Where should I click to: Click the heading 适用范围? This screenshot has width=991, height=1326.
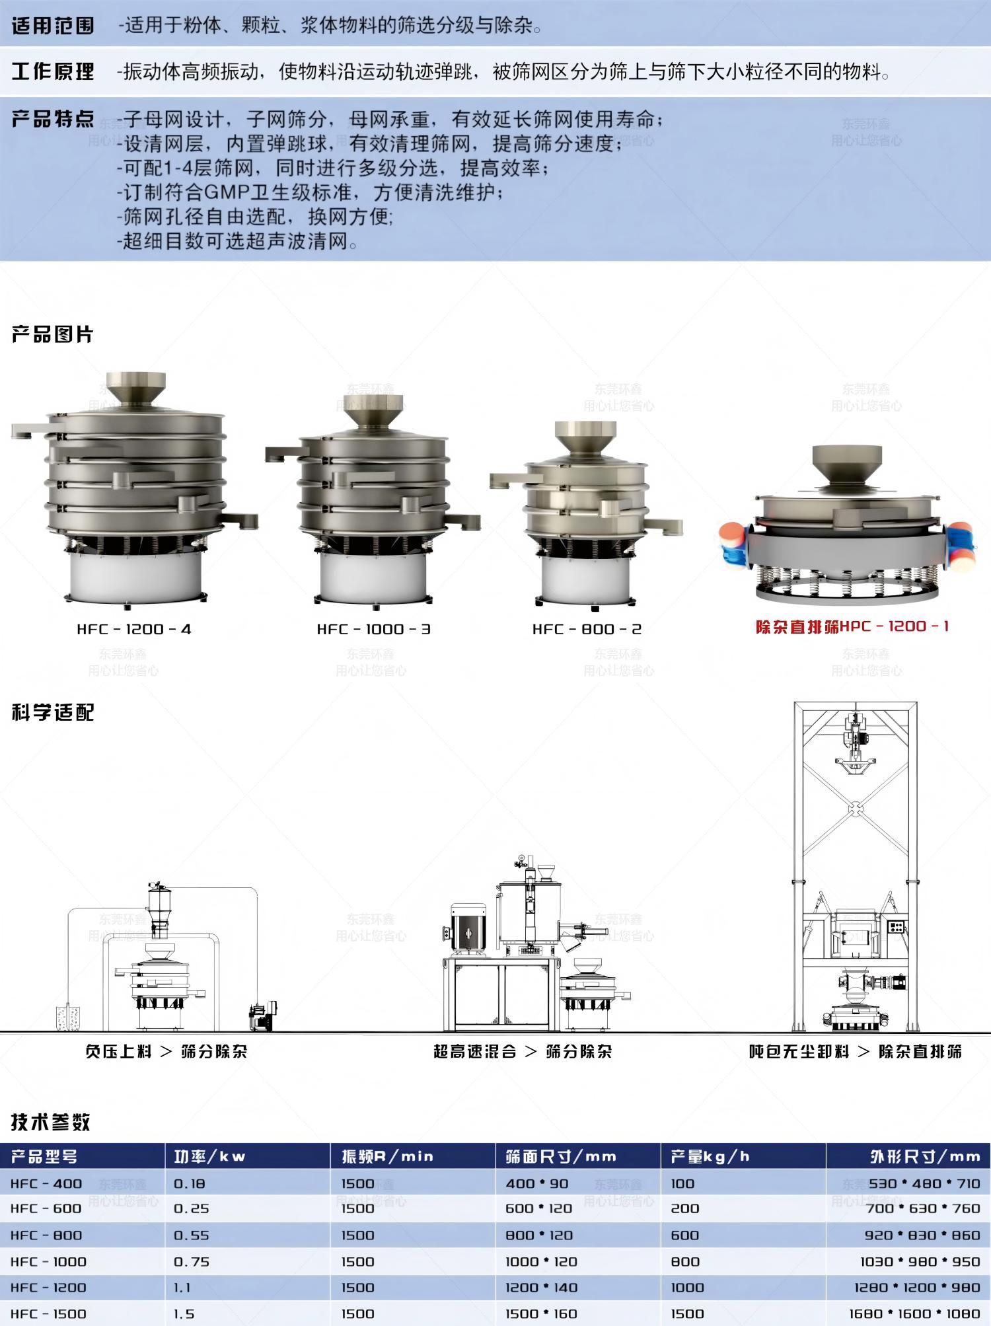(x=53, y=26)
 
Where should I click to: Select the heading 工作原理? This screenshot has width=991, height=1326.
(x=53, y=71)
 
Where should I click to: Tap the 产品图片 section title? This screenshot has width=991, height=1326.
(x=53, y=334)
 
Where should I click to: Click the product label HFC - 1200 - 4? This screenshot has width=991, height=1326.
(x=134, y=629)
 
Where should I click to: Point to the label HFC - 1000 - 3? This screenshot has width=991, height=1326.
(x=374, y=629)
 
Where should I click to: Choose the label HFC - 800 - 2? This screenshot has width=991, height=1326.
(x=587, y=629)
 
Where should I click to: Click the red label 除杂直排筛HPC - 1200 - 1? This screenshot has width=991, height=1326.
(x=852, y=626)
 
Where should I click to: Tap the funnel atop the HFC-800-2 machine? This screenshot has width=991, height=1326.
(x=586, y=439)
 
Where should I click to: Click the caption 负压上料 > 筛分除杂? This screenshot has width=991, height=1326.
(x=166, y=1051)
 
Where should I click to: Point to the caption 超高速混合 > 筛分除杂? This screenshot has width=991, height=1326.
(x=523, y=1051)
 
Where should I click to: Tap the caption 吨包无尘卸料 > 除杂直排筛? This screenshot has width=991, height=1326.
(x=856, y=1051)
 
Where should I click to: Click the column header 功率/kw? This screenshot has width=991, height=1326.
(x=209, y=1156)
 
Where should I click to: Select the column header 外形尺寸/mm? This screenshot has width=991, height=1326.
(x=925, y=1156)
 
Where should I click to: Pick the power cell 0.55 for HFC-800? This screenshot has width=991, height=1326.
(x=192, y=1235)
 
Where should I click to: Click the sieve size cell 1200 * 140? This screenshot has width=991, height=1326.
(x=542, y=1288)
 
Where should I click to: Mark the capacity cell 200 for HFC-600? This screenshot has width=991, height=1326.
(x=685, y=1208)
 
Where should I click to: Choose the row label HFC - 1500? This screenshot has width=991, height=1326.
(x=48, y=1314)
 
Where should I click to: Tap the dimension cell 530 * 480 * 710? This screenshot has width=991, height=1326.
(x=924, y=1183)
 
